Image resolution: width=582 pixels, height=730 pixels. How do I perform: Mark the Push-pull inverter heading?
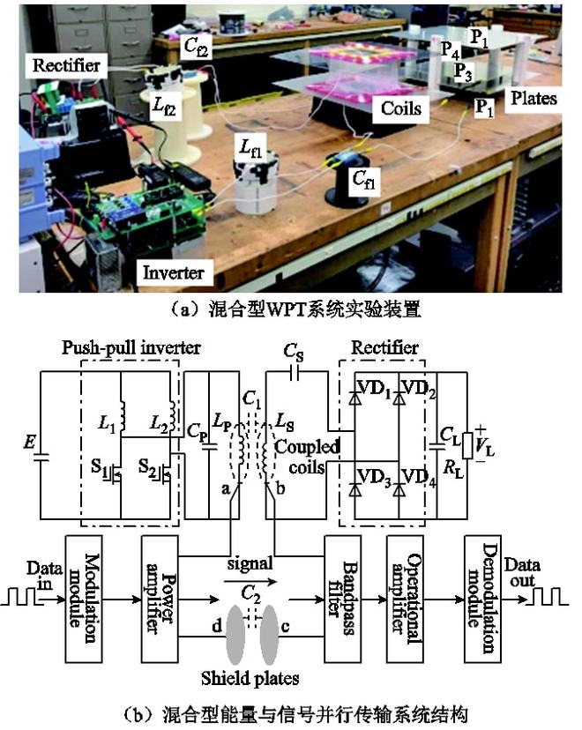(131, 346)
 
